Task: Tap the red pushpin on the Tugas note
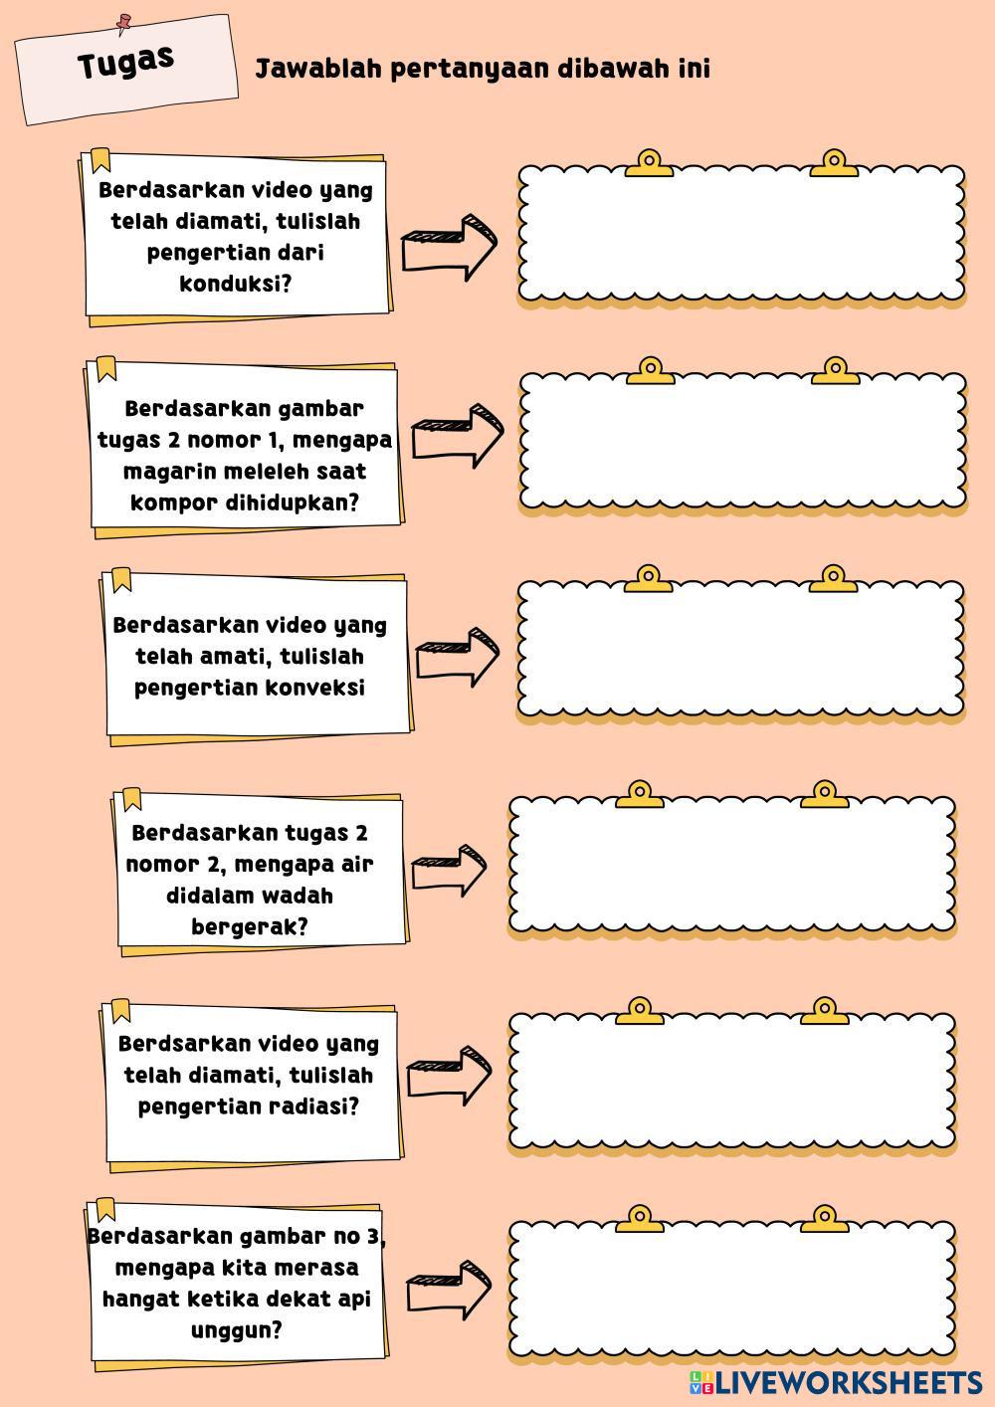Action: tap(123, 21)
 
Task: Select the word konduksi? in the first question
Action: tap(236, 284)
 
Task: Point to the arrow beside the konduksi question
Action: tap(449, 246)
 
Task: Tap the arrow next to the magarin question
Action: tap(458, 435)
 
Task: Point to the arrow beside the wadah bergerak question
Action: tap(449, 869)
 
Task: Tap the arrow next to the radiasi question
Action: tap(449, 1073)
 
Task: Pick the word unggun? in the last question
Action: tap(236, 1329)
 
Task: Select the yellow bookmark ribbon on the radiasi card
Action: tap(120, 1010)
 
